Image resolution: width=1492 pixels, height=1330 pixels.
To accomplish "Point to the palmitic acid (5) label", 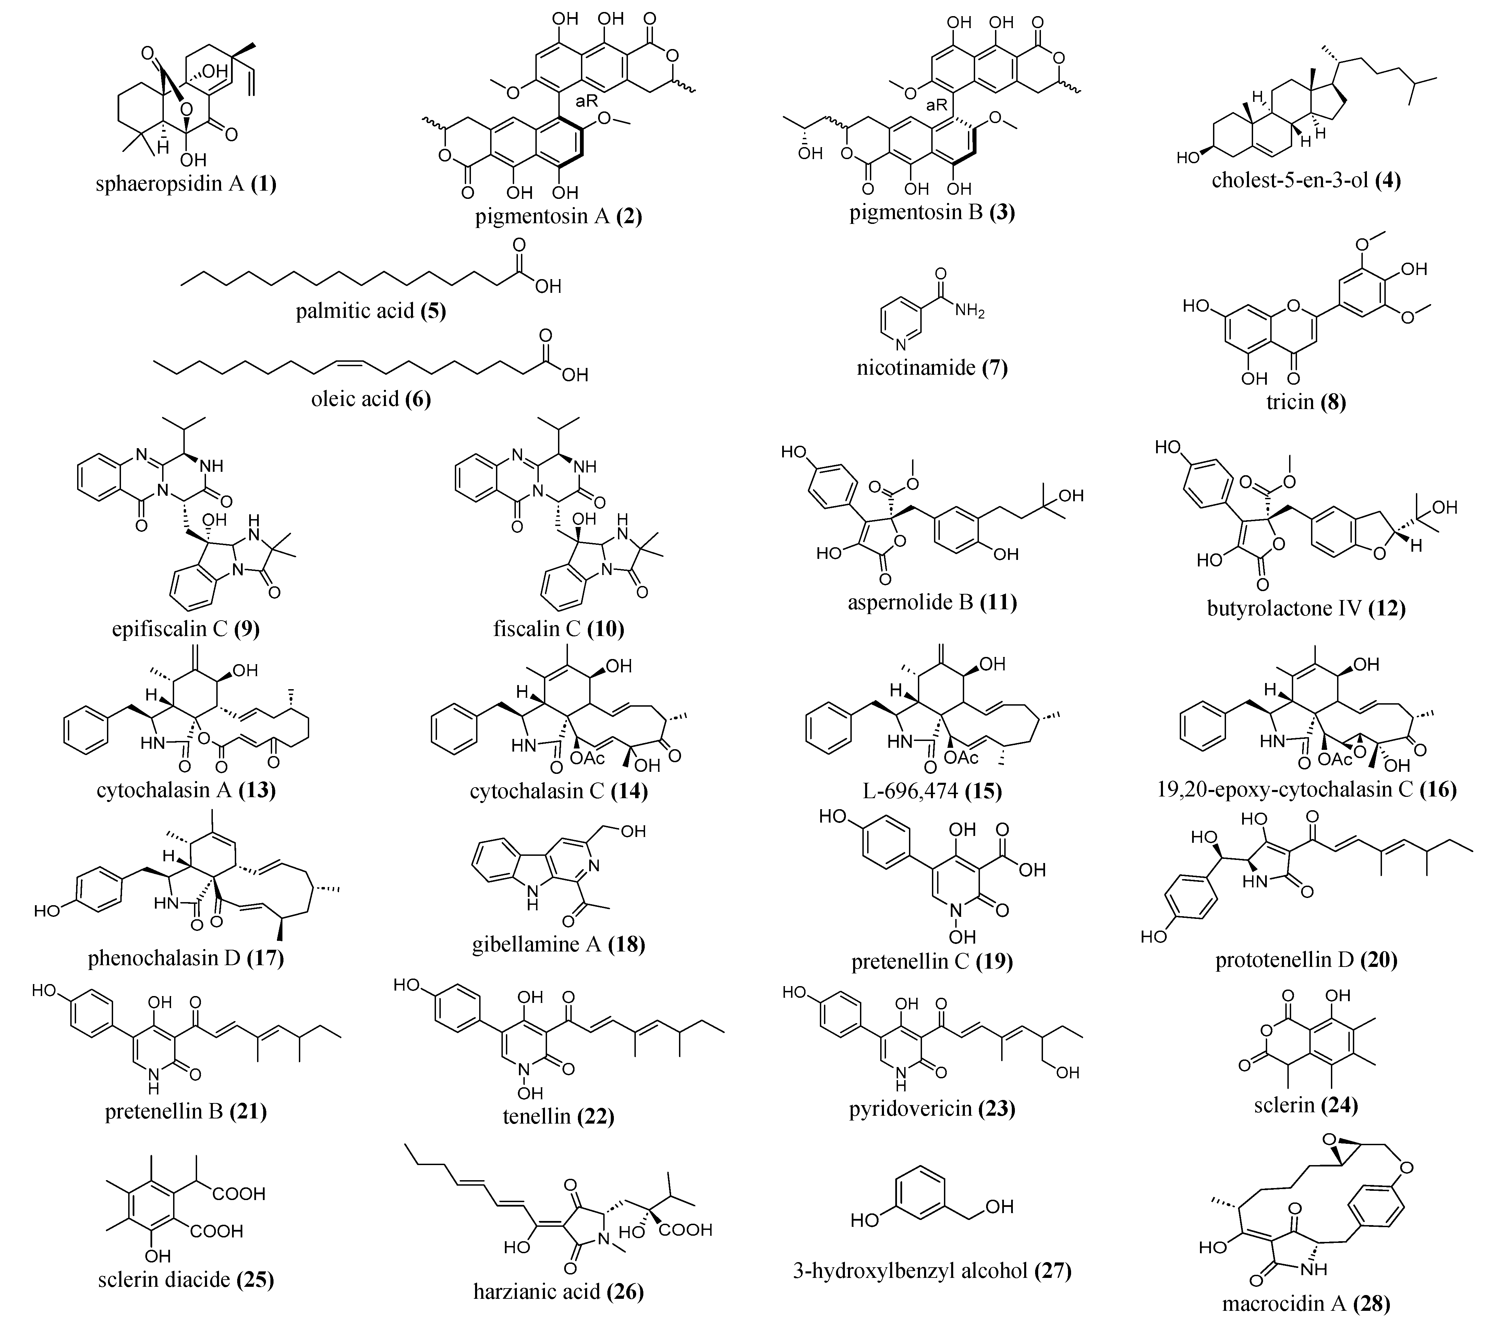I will tap(371, 311).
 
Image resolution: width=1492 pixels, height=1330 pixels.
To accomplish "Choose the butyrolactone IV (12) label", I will tap(1306, 608).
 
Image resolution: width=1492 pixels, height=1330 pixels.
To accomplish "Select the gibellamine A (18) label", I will tap(558, 944).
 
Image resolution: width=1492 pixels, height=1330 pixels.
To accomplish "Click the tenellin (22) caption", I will tap(558, 1117).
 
